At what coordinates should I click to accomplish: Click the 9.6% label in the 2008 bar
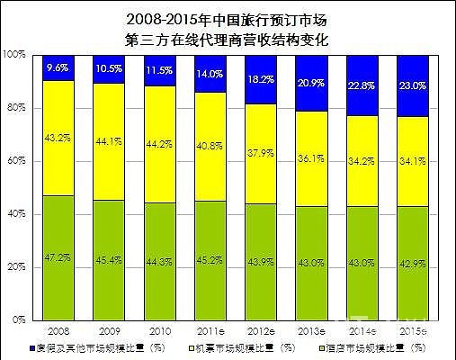click(58, 67)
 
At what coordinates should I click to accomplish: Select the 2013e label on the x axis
click(314, 330)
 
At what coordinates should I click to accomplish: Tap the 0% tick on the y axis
click(19, 320)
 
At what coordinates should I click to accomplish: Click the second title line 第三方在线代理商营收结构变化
click(228, 39)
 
